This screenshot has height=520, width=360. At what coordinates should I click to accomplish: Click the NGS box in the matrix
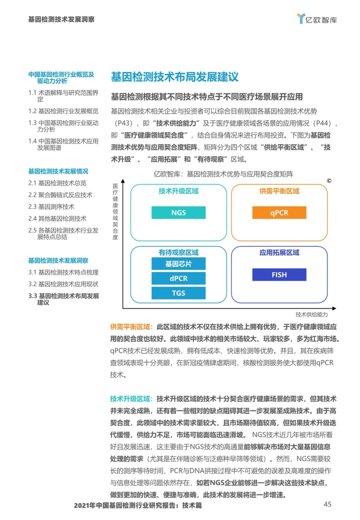point(178,212)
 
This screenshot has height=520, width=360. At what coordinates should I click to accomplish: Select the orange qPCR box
point(279,212)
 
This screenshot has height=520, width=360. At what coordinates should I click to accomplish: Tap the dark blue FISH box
point(279,275)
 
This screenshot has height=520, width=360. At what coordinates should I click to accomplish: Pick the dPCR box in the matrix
point(178,278)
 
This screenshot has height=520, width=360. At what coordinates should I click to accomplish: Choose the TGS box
point(178,293)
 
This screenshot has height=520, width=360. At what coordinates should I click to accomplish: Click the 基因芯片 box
point(178,264)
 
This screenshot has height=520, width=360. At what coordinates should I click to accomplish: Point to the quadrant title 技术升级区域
point(178,191)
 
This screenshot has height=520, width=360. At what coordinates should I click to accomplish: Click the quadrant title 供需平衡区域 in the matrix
point(279,191)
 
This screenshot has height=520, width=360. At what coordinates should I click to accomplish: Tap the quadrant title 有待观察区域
point(178,252)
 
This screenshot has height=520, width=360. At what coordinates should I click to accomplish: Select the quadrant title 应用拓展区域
point(279,252)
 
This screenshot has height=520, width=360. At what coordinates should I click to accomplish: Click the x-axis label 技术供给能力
point(311,315)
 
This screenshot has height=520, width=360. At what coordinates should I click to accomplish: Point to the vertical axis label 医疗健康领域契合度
point(115,211)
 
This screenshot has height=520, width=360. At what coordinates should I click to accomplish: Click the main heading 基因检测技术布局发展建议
point(175,77)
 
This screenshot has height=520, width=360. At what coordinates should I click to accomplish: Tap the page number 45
point(327,504)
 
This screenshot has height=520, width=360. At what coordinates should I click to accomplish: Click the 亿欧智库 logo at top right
point(317,19)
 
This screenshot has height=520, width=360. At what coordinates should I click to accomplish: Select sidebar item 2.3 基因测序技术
point(51,207)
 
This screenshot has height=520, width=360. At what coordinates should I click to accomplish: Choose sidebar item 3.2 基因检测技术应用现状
point(63,284)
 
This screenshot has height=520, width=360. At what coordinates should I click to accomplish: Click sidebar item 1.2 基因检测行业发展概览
point(63,111)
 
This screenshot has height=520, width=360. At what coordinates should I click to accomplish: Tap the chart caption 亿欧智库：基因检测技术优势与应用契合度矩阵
point(223,174)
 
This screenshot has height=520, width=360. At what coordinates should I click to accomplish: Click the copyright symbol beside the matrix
point(329,181)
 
